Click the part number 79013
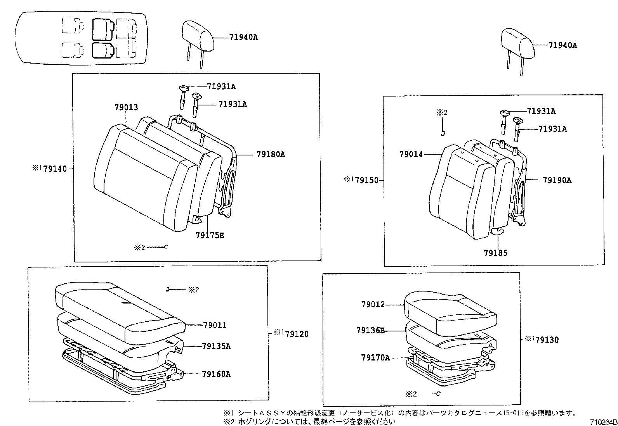126,107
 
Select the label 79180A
271,154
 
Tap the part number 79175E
210,235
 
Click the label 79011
215,325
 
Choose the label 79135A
216,346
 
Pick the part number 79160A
216,374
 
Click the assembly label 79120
297,334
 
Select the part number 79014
411,154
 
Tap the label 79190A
557,180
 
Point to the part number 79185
495,253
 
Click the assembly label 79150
366,180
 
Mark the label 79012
373,304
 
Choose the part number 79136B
370,331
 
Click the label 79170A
375,358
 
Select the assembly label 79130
547,340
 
